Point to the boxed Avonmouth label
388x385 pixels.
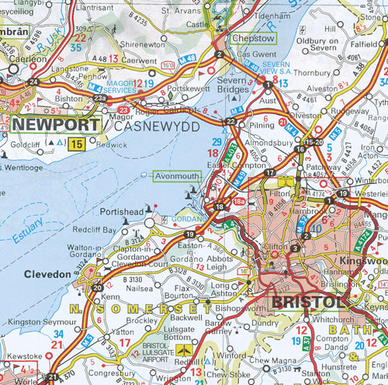tap(178, 175)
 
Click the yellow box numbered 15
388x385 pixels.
tap(76, 144)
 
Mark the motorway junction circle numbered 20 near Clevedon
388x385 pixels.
tap(97, 288)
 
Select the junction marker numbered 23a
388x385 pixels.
tap(99, 99)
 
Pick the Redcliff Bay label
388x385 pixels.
tap(93, 231)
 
